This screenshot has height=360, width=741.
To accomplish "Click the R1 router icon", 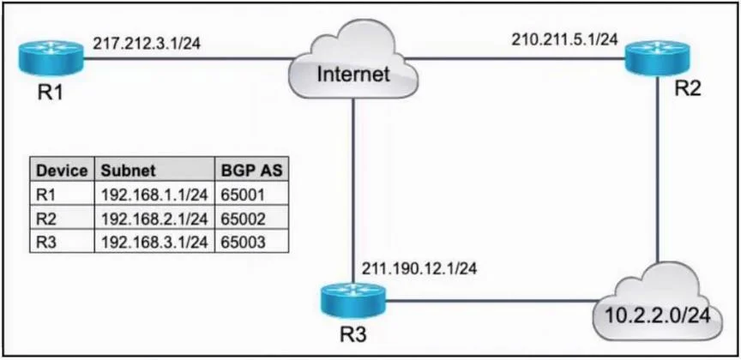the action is [x=51, y=58].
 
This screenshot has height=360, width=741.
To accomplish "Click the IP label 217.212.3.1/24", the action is [x=147, y=44].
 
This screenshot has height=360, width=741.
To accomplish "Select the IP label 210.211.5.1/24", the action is [x=564, y=39].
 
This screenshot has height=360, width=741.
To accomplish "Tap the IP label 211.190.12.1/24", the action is [x=419, y=268].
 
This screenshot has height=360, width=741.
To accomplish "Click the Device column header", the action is [x=62, y=171].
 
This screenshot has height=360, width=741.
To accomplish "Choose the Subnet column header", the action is [x=128, y=171].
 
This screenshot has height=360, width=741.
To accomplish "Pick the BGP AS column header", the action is [x=252, y=171].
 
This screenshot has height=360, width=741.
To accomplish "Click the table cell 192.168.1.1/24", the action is [x=154, y=195].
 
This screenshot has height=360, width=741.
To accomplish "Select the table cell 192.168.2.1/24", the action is [x=154, y=219].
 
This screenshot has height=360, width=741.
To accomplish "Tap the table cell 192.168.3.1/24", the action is [x=154, y=242].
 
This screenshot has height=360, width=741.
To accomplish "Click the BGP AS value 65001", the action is [x=243, y=195].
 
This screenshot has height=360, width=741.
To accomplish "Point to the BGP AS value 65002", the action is [x=243, y=219].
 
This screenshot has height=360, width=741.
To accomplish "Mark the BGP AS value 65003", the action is [x=243, y=242].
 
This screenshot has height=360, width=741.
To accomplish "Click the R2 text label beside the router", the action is [x=688, y=89].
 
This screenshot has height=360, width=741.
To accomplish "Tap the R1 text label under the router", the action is [x=50, y=93].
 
